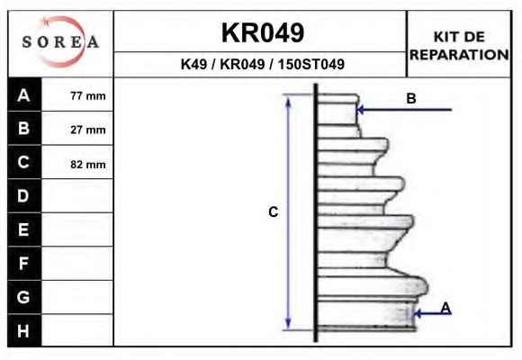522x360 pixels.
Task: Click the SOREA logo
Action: pyautogui.click(x=60, y=42)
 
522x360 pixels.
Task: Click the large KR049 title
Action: pyautogui.click(x=263, y=33)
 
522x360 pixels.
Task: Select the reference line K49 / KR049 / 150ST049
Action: pyautogui.click(x=262, y=64)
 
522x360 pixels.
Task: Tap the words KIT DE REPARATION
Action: pyautogui.click(x=459, y=46)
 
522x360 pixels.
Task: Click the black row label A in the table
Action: pyautogui.click(x=24, y=94)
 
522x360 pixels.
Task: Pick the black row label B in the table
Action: pyautogui.click(x=24, y=128)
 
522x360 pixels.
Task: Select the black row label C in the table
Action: pyautogui.click(x=24, y=162)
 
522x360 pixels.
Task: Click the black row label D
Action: pyautogui.click(x=24, y=196)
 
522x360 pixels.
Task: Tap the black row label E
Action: pyautogui.click(x=24, y=229)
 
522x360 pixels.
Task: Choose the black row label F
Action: pyautogui.click(x=24, y=264)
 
